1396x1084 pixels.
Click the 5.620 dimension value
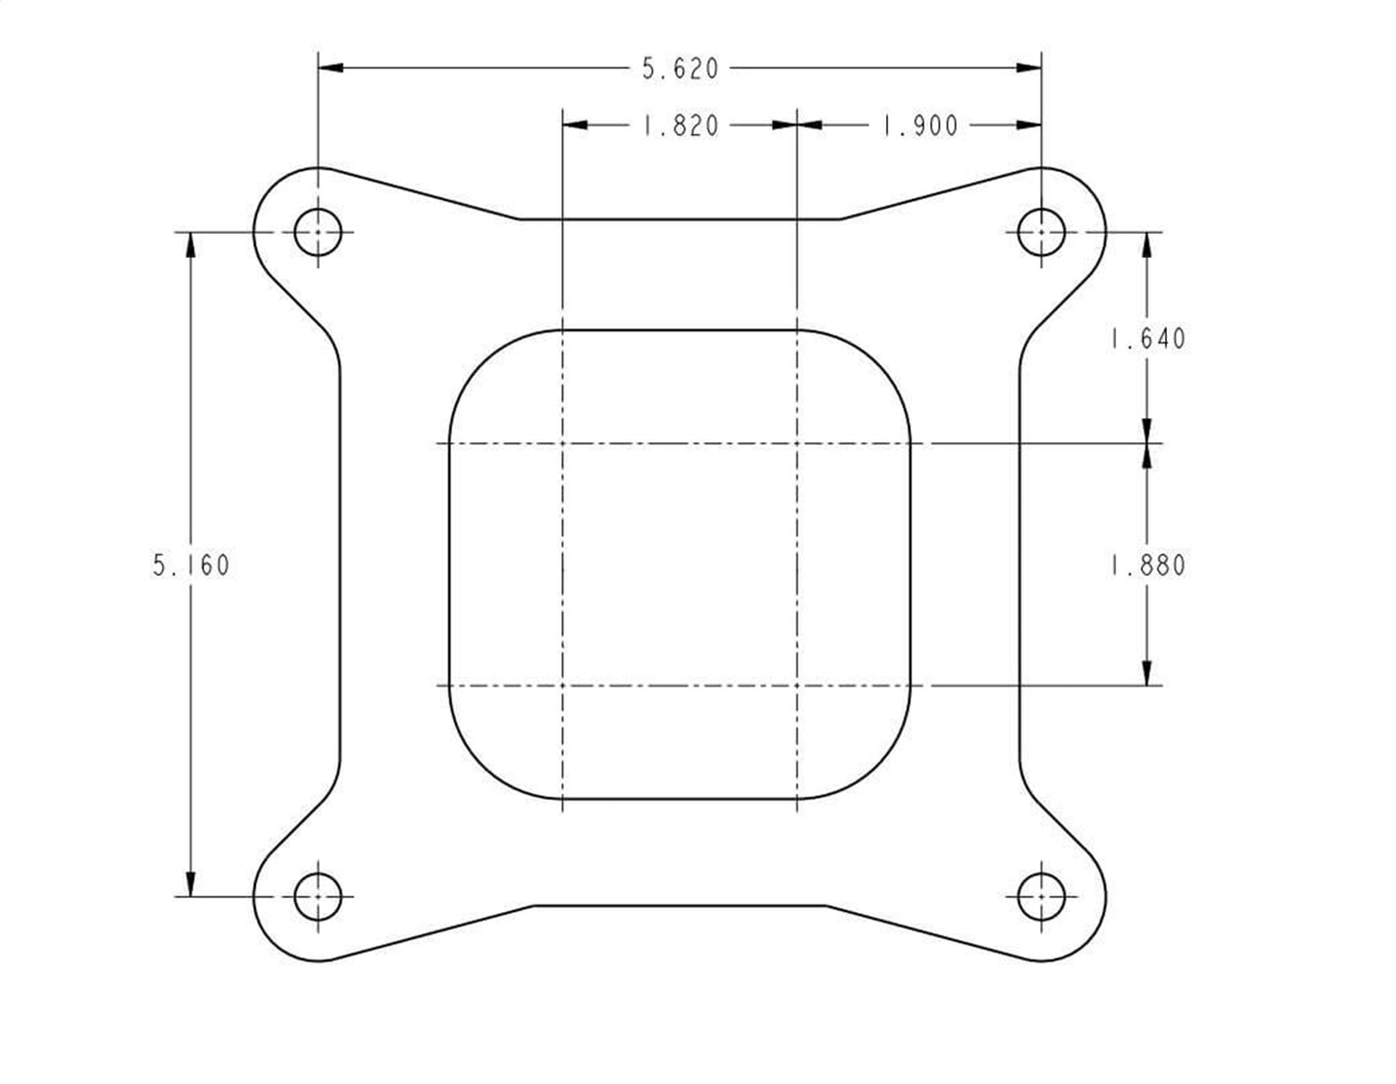pos(680,69)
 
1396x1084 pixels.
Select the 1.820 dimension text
pos(680,126)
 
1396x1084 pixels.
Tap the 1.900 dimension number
pos(920,126)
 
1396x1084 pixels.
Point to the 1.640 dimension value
pos(1147,339)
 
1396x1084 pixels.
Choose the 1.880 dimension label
pos(1147,565)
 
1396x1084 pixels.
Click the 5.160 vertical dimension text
pos(191,565)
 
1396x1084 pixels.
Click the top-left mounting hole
pos(318,232)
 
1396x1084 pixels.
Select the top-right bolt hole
pos(1041,232)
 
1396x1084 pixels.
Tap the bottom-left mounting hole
pos(318,897)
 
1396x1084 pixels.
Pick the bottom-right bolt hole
pos(1041,897)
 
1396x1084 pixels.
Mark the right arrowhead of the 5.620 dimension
pos(1029,68)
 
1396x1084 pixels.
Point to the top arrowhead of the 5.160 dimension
pos(191,244)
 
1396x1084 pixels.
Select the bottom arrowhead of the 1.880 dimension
pos(1147,673)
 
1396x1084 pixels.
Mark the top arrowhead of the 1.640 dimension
pos(1147,244)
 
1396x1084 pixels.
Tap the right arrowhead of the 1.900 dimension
pos(1029,125)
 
